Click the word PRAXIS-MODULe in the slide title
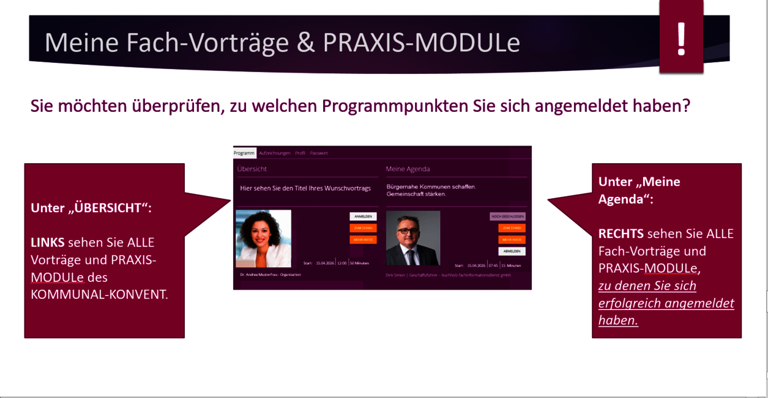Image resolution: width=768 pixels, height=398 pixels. click(x=422, y=43)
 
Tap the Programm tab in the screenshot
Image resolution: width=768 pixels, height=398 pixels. click(x=244, y=153)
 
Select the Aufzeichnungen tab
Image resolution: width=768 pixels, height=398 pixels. click(x=274, y=153)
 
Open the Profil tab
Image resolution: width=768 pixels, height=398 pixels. click(x=300, y=153)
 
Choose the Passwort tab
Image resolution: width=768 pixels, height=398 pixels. click(x=319, y=153)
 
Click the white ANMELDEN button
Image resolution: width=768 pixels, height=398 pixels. click(x=363, y=216)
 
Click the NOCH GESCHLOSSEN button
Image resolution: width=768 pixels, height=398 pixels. click(x=507, y=216)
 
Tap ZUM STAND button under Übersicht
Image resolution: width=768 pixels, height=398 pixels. click(x=363, y=228)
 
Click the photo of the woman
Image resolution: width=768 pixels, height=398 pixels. click(x=263, y=238)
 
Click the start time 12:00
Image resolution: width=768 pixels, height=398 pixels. click(x=342, y=263)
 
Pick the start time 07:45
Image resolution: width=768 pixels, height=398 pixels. click(x=493, y=265)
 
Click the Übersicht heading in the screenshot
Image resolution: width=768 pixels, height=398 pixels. click(x=252, y=169)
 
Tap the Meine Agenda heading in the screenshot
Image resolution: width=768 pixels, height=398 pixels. click(x=408, y=169)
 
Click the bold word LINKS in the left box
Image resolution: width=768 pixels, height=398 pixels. click(x=47, y=243)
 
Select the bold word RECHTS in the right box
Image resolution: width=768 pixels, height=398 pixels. click(x=620, y=234)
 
